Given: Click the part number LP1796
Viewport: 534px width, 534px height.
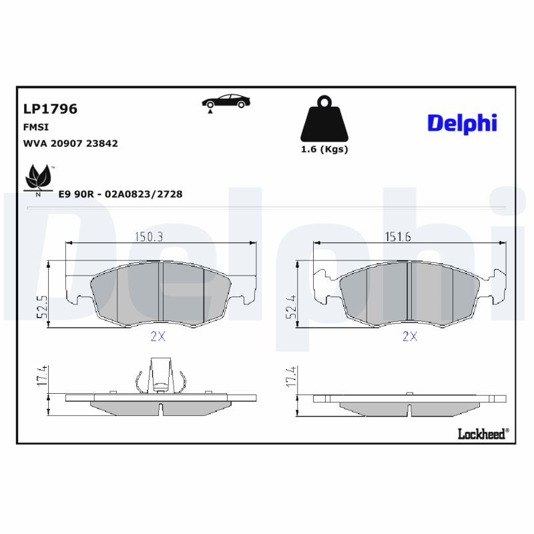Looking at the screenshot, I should click(x=50, y=109).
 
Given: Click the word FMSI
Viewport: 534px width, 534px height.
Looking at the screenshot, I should click(x=36, y=127).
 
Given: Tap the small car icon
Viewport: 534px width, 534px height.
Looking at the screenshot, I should click(x=226, y=101).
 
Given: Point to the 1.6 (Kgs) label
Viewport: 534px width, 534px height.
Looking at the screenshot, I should click(x=324, y=150).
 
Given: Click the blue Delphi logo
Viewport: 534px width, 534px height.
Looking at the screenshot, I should click(x=462, y=123).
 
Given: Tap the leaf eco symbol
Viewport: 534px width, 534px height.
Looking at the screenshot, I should click(x=38, y=177).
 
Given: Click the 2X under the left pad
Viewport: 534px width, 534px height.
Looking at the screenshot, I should click(x=158, y=337).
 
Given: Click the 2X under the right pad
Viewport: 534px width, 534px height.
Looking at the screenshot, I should click(x=409, y=337).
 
